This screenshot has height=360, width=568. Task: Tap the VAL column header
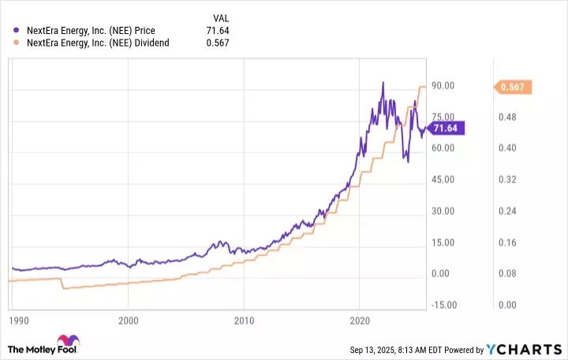pyautogui.click(x=222, y=16)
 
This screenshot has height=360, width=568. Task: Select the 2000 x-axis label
pyautogui.click(x=128, y=321)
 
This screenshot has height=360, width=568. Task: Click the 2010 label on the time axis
pyautogui.click(x=245, y=321)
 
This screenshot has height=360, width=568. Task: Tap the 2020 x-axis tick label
pyautogui.click(x=360, y=321)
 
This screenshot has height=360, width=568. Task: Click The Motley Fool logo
pyautogui.click(x=43, y=347)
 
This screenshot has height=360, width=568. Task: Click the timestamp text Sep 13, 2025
pyautogui.click(x=376, y=349)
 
